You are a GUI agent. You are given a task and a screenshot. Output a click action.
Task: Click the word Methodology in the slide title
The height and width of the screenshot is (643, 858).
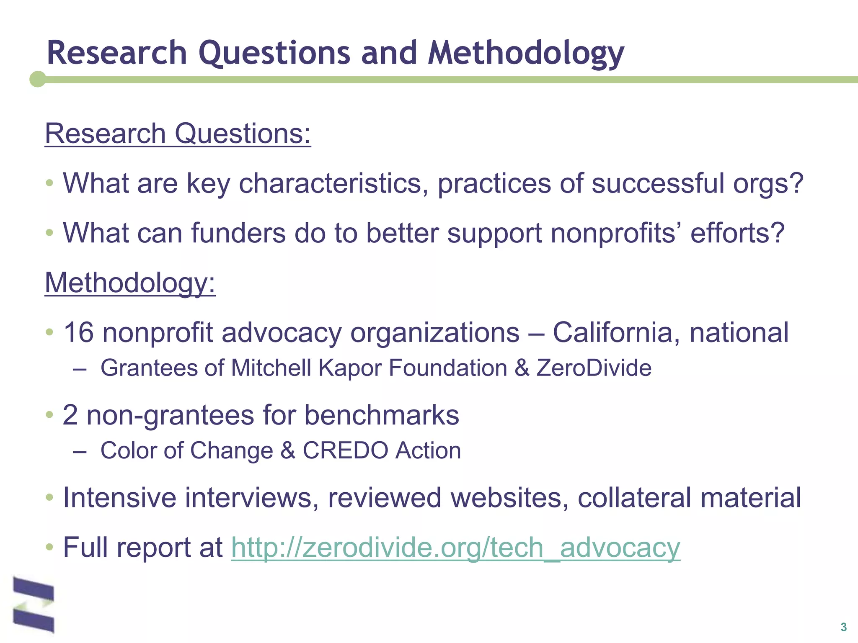(526, 54)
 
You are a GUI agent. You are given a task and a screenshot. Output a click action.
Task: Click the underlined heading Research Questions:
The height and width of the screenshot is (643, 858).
(178, 134)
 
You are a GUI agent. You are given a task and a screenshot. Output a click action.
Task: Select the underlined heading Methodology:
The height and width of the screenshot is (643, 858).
(130, 283)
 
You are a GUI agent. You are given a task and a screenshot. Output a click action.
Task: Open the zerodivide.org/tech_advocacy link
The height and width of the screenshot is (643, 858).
(455, 548)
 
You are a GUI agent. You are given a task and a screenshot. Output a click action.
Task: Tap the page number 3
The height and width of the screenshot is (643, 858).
(843, 627)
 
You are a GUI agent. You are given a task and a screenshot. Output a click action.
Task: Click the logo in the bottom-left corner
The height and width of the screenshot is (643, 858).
(34, 604)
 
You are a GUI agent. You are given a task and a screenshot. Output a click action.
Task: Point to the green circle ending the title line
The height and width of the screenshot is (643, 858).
(38, 79)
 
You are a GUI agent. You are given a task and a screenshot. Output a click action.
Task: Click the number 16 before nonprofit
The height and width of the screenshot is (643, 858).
(78, 333)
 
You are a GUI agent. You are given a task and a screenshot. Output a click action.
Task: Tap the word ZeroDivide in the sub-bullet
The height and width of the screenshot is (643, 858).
(594, 368)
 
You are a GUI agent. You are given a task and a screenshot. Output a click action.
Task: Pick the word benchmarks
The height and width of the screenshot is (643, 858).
(382, 415)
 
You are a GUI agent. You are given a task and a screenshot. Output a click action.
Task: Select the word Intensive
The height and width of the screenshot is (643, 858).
(120, 498)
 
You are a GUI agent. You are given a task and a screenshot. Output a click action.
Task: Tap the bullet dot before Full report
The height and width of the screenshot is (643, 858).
(50, 547)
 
